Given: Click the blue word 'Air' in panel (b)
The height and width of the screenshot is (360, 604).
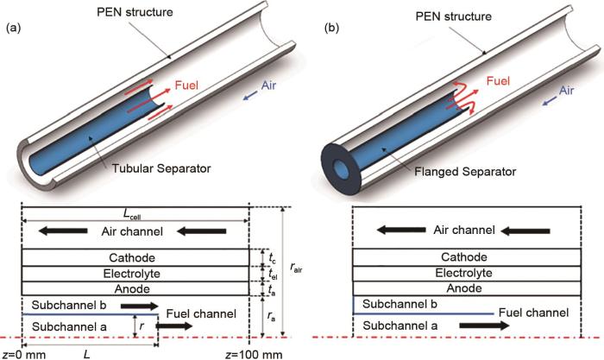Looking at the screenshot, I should click(x=566, y=90).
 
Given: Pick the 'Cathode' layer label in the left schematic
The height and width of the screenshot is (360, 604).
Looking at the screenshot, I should click(x=135, y=258).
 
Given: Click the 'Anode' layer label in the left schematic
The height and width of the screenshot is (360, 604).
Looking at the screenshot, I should click(x=135, y=288).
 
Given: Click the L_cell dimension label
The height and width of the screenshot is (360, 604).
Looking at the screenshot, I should click(x=135, y=214).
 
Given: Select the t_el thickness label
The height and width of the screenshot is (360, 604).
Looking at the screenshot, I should click(x=273, y=274).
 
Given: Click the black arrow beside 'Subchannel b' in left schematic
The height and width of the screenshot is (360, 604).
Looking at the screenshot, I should click(x=139, y=306).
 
